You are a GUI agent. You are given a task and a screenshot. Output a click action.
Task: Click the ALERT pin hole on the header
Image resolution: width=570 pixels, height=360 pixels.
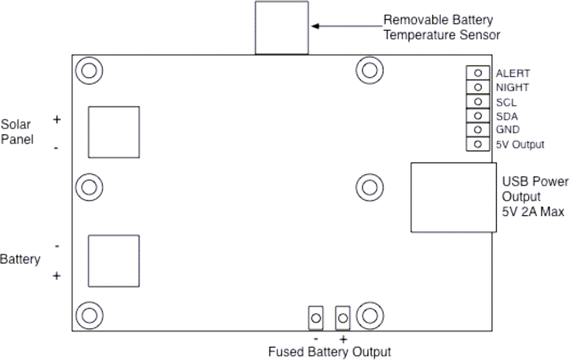(x=478, y=73)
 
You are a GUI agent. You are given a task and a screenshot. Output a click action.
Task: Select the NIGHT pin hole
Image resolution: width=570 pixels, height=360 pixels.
(x=478, y=87)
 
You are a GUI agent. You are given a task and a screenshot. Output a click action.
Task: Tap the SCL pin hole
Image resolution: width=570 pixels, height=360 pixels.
(x=478, y=101)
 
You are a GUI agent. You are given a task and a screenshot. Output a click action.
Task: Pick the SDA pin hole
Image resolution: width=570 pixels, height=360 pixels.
(x=478, y=116)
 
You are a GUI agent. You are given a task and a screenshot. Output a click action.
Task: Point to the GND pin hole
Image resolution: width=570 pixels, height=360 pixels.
(x=478, y=130)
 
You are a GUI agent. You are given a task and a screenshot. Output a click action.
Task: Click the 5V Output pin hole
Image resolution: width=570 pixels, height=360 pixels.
(x=478, y=144)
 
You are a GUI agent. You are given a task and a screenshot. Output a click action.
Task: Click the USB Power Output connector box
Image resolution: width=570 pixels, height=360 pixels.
(x=453, y=197)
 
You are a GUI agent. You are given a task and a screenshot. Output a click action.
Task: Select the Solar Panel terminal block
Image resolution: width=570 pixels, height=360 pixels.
(x=113, y=132)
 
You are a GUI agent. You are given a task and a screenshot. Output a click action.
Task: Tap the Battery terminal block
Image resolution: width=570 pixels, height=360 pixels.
(x=113, y=261)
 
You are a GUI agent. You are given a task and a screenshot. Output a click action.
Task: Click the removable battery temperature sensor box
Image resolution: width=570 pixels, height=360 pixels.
(x=281, y=27)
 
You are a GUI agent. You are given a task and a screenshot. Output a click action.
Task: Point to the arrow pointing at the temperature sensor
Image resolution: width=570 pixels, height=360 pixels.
(x=346, y=25)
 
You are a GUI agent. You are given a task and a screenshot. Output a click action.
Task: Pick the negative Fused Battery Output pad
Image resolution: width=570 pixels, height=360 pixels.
(x=316, y=318)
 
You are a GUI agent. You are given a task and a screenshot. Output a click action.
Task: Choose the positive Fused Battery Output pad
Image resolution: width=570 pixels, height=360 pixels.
(x=343, y=318)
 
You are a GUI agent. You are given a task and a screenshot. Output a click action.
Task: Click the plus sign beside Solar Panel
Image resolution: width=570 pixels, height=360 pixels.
(x=57, y=120)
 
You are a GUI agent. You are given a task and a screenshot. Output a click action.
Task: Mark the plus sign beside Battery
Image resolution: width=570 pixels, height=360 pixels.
(x=57, y=276)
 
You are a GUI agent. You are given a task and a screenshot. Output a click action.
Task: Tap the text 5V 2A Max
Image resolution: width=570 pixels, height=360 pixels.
(x=533, y=212)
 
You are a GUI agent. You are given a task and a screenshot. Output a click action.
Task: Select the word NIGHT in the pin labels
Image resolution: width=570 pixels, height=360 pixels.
(x=512, y=88)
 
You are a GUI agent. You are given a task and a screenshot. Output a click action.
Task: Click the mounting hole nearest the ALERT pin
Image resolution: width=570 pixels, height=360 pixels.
(x=369, y=70)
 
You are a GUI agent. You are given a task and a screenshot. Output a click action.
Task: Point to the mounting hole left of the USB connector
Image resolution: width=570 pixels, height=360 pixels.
(x=369, y=187)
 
